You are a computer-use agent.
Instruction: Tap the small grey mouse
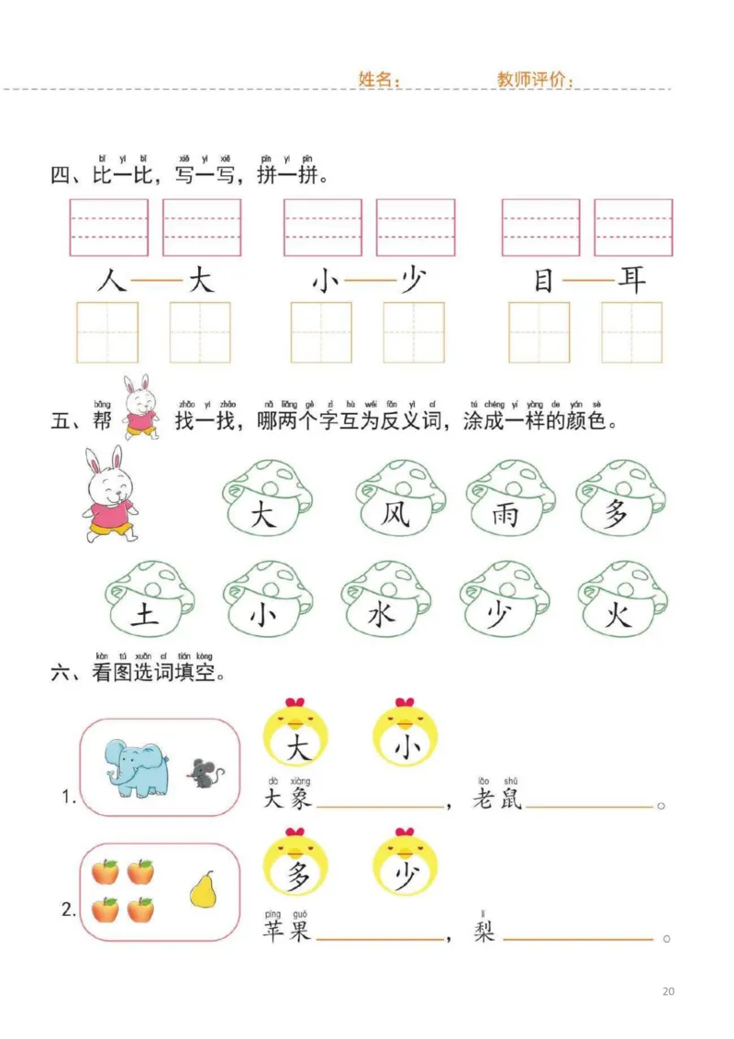point(206,774)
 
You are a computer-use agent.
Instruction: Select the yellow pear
point(203,889)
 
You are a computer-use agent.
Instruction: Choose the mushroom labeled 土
point(147,604)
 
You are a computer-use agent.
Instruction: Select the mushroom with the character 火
point(620,604)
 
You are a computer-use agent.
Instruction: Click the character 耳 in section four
point(631,279)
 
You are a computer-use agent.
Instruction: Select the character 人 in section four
point(111,279)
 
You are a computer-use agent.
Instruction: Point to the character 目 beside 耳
point(543,279)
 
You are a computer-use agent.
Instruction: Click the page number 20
point(668,991)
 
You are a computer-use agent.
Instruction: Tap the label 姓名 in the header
point(379,80)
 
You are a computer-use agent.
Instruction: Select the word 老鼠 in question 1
point(496,799)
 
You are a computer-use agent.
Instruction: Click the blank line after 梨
point(578,939)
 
